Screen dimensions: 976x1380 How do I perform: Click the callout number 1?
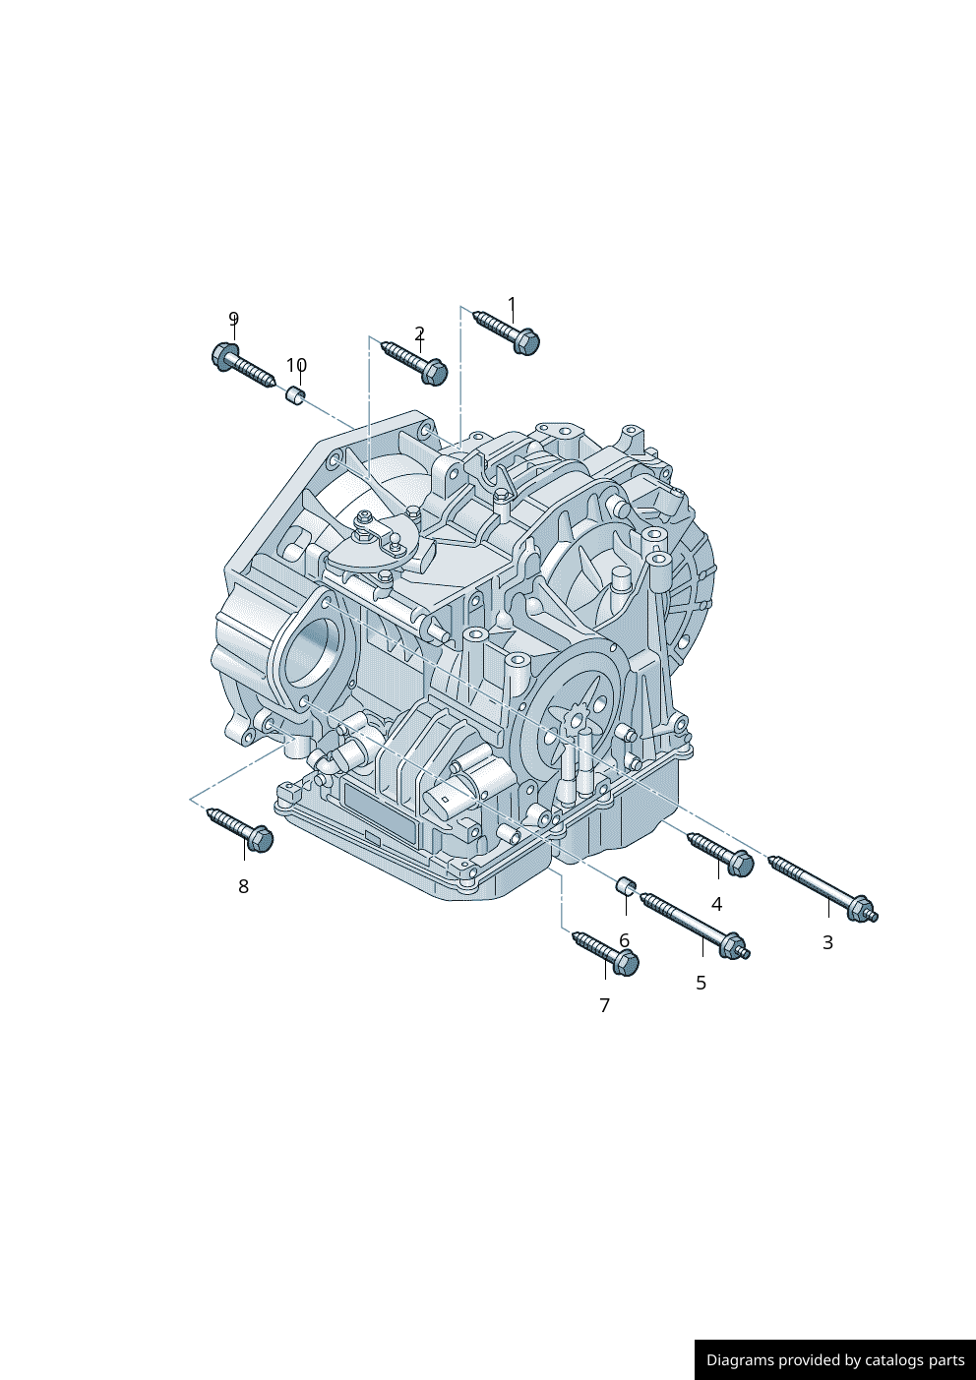(x=512, y=305)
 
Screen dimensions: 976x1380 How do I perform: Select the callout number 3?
(x=827, y=942)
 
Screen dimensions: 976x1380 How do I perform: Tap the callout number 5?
(x=701, y=983)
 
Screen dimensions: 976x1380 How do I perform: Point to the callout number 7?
(x=604, y=1005)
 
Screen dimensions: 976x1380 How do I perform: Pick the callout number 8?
(x=243, y=886)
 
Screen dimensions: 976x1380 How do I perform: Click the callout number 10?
(x=296, y=365)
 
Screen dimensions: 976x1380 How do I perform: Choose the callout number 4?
(x=716, y=904)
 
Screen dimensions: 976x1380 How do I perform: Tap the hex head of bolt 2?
(x=435, y=372)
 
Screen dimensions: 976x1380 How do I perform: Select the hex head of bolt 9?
(x=223, y=356)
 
